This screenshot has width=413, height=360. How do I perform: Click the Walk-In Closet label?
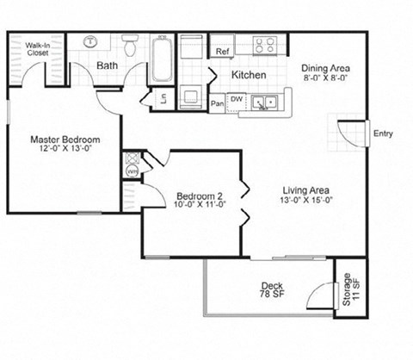(x=36, y=48)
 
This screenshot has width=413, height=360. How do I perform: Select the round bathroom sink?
(x=90, y=41)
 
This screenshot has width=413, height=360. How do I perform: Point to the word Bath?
(x=108, y=65)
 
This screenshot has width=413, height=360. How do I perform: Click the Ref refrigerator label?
(x=222, y=52)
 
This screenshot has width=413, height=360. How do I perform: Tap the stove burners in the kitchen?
(x=266, y=45)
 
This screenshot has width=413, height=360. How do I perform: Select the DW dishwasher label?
(x=236, y=99)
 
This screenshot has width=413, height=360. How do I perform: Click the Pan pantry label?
(x=218, y=105)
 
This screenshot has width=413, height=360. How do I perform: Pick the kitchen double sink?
(x=262, y=102)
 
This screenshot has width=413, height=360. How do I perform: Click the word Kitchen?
(x=248, y=76)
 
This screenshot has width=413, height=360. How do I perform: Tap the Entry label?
(x=382, y=133)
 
